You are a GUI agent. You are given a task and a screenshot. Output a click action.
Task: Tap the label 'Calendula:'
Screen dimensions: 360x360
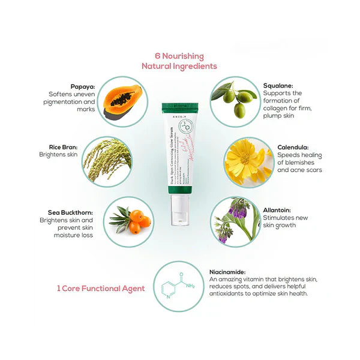pyautogui.click(x=293, y=146)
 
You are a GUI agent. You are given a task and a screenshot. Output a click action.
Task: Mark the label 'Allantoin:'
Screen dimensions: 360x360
pyautogui.click(x=277, y=210)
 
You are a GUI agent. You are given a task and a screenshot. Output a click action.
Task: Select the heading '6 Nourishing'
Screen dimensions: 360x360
pyautogui.click(x=179, y=56)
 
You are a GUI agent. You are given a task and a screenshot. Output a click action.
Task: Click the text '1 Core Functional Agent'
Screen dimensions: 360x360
pyautogui.click(x=100, y=289)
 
